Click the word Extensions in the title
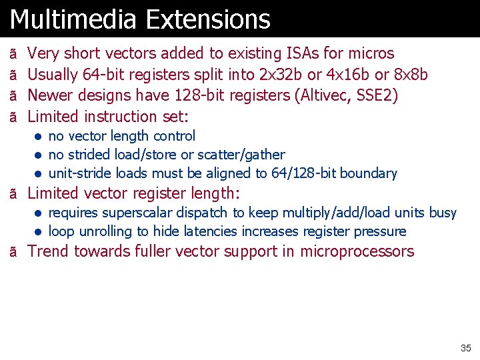click(x=208, y=19)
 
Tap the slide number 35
click(x=465, y=348)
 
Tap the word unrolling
click(x=106, y=231)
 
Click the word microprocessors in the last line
click(x=357, y=251)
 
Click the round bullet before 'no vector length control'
click(x=40, y=137)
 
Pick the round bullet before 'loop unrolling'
click(x=40, y=232)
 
